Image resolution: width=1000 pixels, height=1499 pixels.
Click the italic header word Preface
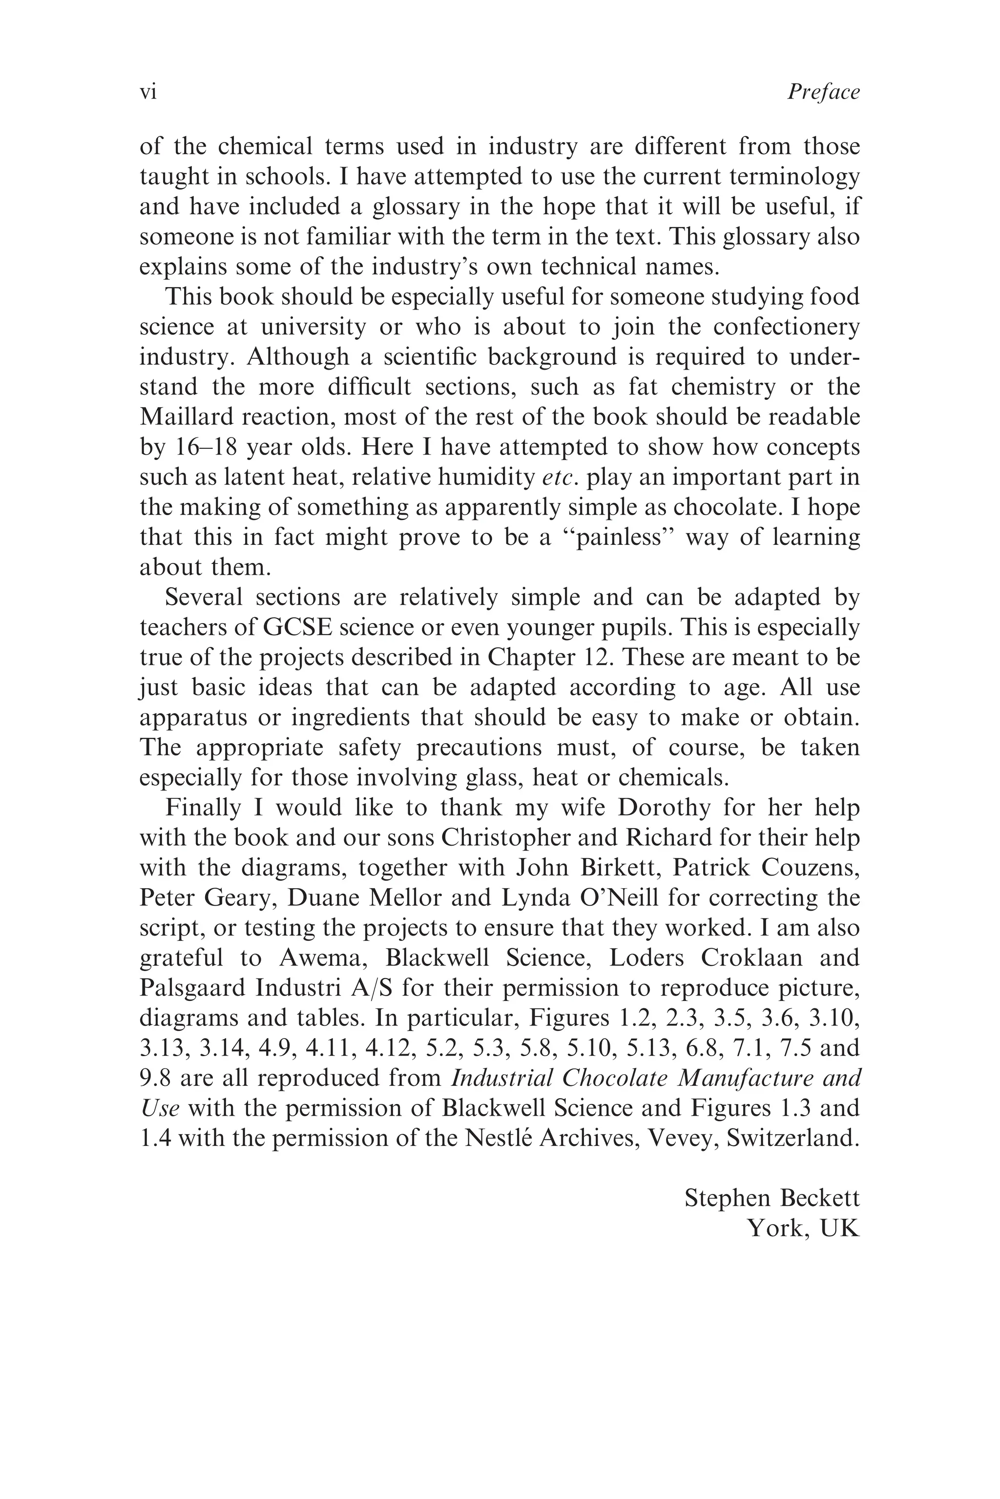pyautogui.click(x=823, y=92)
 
